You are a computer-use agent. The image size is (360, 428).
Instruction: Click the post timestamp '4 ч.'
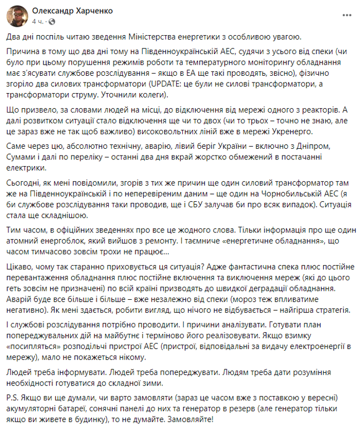click(x=38, y=21)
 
